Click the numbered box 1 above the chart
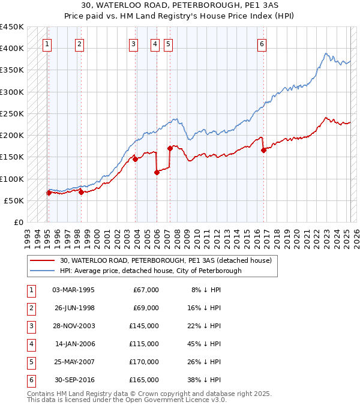click(47, 43)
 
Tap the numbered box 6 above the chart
click(262, 43)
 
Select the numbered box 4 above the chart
click(155, 43)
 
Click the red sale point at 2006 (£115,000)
click(157, 172)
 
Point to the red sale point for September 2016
click(263, 151)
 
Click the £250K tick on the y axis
click(12, 113)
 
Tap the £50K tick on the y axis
click(14, 200)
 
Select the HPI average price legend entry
click(150, 271)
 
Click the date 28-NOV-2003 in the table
click(74, 326)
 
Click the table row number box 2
click(30, 308)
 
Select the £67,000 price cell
click(145, 290)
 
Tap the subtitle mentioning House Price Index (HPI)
click(179, 18)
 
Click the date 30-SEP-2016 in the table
click(74, 380)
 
